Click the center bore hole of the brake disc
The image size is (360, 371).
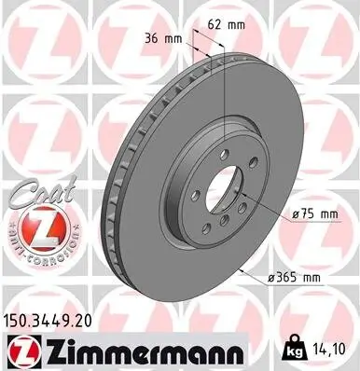(x=218, y=185)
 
